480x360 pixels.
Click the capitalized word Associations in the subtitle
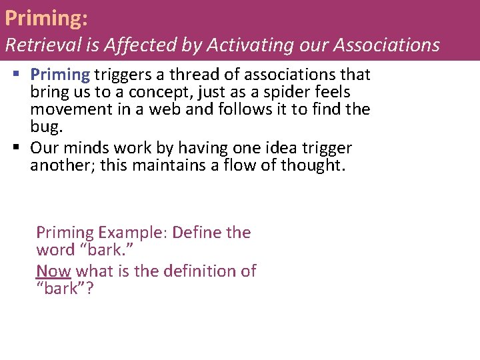pos(386,45)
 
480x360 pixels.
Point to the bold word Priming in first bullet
pos(60,74)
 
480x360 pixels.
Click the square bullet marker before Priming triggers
pos(16,75)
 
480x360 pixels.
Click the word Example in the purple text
pos(133,233)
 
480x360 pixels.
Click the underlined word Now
pos(53,271)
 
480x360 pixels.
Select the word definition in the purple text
pos(189,271)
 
